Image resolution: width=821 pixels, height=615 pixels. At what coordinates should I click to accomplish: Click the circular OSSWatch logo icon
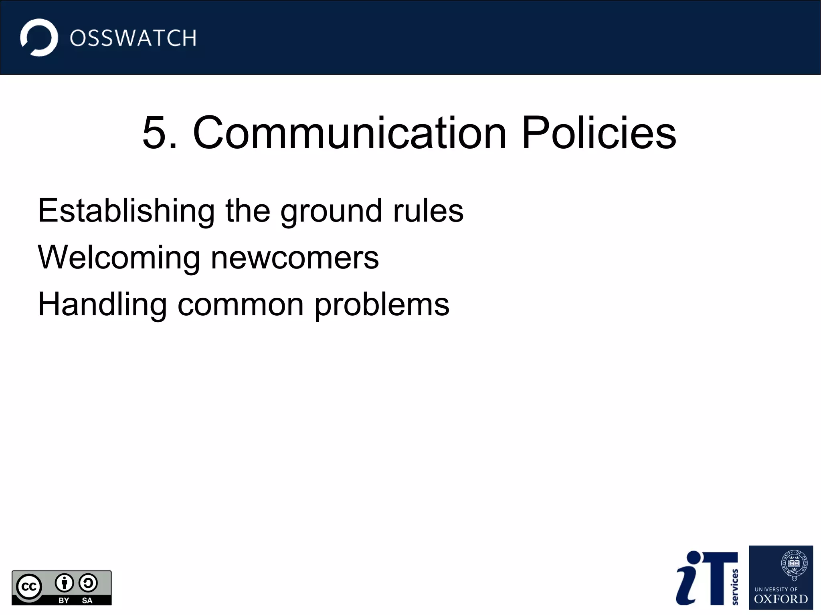tap(39, 38)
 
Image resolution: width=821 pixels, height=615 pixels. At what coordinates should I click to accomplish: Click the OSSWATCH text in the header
tap(133, 38)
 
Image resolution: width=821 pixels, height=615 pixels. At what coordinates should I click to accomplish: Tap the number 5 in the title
tap(154, 133)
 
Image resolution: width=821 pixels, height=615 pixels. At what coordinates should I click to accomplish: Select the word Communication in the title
tap(350, 133)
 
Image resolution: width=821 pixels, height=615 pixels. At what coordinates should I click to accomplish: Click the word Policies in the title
tap(599, 133)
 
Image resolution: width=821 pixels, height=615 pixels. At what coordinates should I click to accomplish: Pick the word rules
tap(428, 211)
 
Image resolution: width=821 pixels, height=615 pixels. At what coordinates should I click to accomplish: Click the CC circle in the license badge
tap(29, 587)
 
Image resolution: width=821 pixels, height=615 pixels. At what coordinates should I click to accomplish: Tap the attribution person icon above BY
tap(64, 583)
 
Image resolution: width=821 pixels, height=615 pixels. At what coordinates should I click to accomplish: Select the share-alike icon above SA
tap(88, 583)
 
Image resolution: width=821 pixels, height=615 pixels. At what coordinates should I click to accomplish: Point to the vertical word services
tap(735, 587)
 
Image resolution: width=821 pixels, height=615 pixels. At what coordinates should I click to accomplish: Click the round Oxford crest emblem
tap(794, 564)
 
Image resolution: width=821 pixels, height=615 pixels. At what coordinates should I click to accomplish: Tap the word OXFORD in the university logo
tap(781, 599)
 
